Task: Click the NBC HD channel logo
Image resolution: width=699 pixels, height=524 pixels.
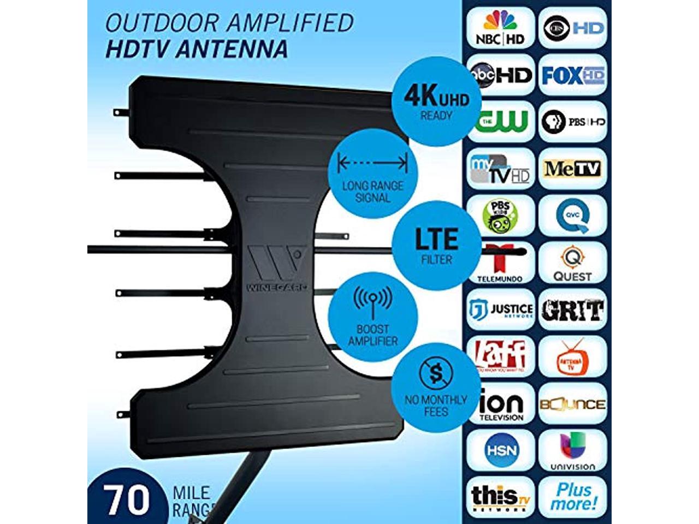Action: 500,28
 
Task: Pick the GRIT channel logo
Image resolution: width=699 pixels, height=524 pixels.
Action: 572,310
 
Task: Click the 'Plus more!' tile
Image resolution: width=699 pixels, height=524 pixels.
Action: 572,497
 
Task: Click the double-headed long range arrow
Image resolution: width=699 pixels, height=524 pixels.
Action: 372,162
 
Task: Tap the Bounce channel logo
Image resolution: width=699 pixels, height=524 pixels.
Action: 572,404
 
